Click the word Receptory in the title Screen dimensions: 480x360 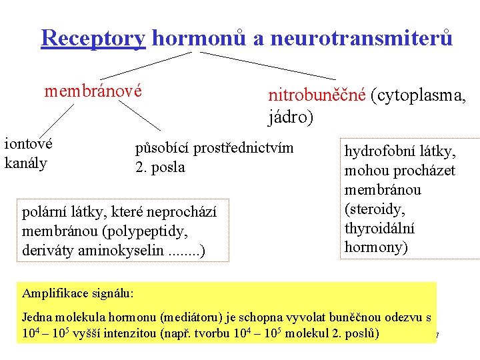click(x=93, y=37)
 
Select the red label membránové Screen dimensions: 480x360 click(x=93, y=91)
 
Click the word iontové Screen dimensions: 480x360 click(x=29, y=143)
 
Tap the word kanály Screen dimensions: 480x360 click(x=26, y=162)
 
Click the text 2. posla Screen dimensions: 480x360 click(x=160, y=167)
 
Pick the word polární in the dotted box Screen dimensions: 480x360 click(x=42, y=213)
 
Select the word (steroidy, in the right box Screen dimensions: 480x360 click(x=375, y=209)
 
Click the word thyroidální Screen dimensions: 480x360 click(x=379, y=228)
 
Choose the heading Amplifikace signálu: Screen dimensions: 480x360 click(x=78, y=293)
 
